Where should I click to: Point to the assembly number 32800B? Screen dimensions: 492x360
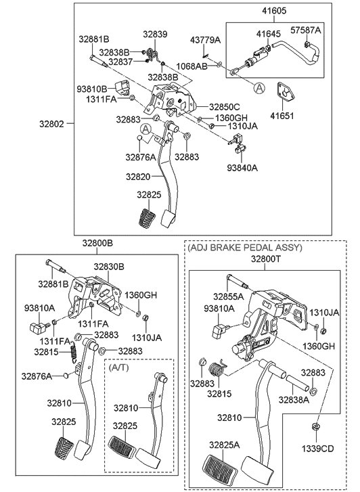point(98,243)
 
